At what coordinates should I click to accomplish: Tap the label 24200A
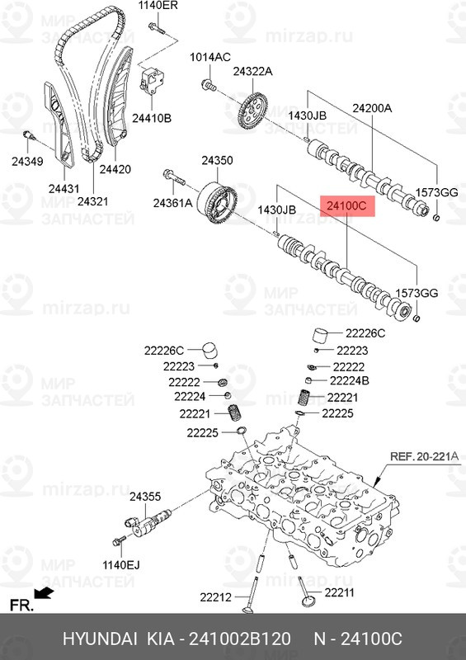(372, 108)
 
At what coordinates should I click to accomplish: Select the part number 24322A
(252, 72)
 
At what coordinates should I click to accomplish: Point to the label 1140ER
(158, 5)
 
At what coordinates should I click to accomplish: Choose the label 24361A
(172, 203)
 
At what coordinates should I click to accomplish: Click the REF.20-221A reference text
(424, 456)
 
